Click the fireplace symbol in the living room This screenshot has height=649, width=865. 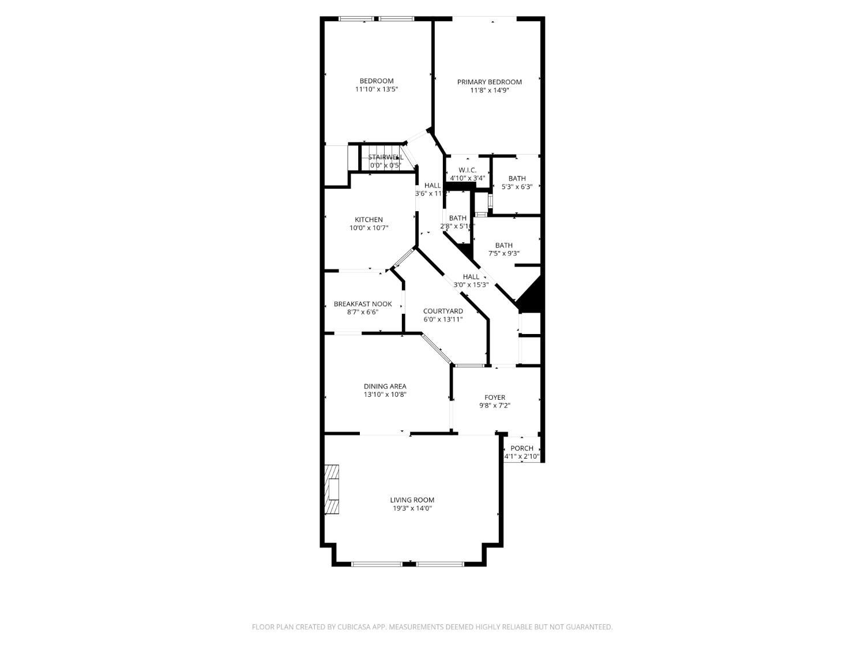click(332, 489)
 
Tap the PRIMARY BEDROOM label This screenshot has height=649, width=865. click(489, 82)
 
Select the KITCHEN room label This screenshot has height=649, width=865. click(368, 220)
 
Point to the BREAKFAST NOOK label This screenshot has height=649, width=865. click(363, 304)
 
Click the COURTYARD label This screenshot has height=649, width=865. click(443, 311)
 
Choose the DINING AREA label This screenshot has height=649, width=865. click(385, 387)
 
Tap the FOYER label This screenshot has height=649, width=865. click(495, 397)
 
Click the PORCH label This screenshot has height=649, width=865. click(522, 448)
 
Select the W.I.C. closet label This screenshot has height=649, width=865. click(467, 170)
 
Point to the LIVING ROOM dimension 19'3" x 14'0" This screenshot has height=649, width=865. click(412, 508)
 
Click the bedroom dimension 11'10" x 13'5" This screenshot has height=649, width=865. click(377, 89)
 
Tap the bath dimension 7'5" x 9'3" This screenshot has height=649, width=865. click(503, 253)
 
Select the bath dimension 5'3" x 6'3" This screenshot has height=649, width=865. click(517, 187)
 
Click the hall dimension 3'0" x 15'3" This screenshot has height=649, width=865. click(471, 284)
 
